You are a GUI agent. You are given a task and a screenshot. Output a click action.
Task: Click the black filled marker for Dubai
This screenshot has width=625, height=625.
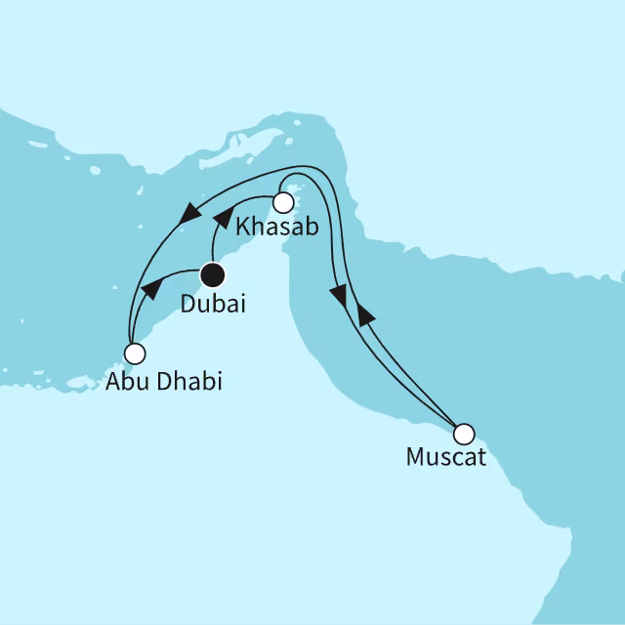[212, 274]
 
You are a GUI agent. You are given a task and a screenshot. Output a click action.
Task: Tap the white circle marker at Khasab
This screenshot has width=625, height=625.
[283, 203]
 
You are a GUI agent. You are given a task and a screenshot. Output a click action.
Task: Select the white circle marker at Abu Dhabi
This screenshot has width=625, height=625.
[136, 353]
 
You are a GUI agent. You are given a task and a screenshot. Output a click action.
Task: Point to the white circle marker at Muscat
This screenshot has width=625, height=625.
[465, 433]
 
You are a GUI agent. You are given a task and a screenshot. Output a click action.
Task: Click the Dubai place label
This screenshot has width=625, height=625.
[212, 304]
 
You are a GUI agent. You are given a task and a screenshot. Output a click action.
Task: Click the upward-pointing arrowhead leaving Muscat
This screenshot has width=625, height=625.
[364, 313]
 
